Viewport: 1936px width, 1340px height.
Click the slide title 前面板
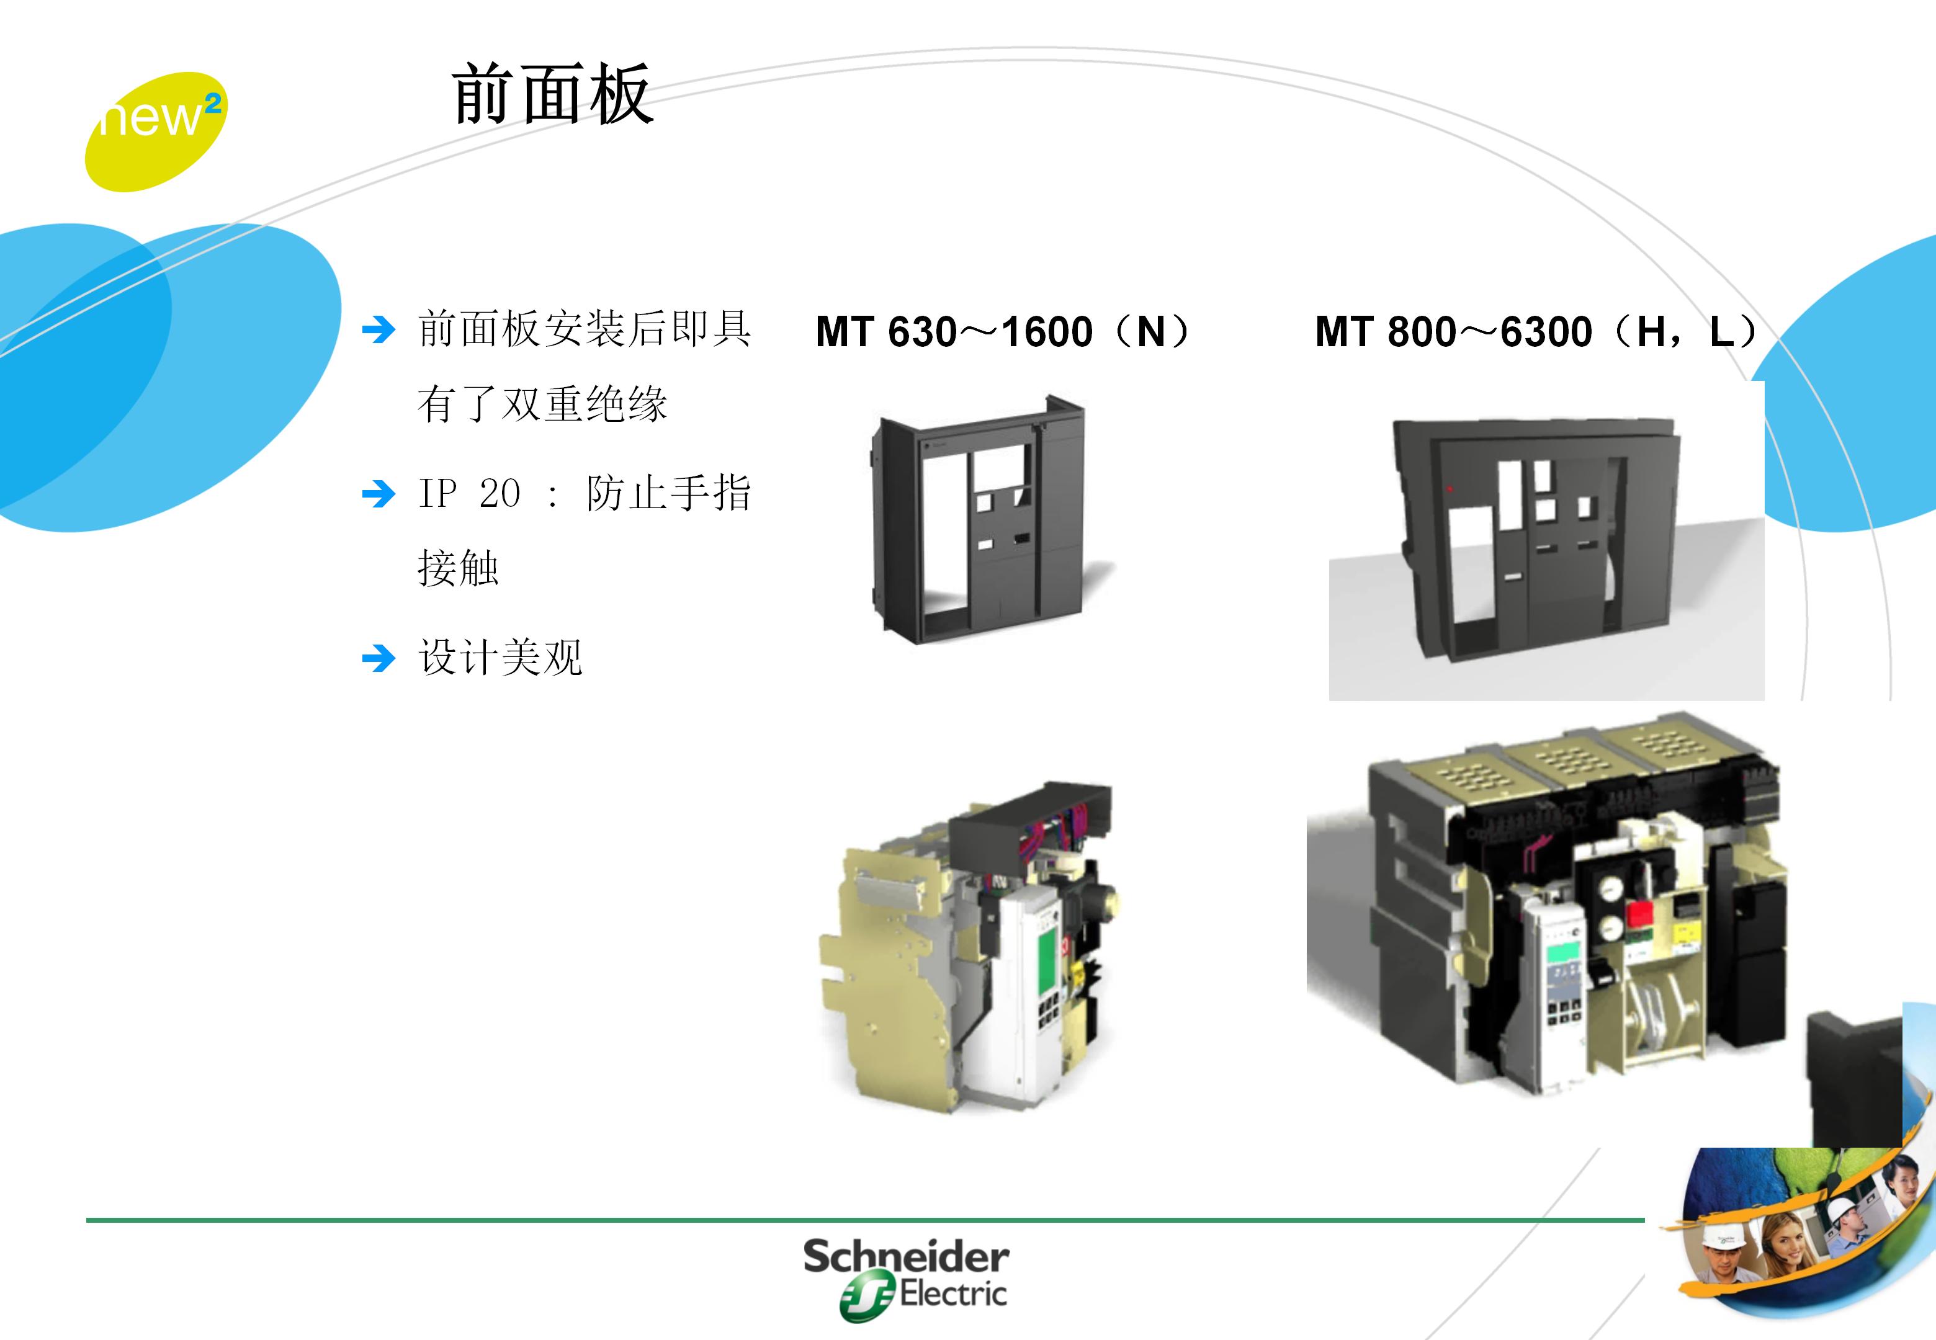pyautogui.click(x=552, y=94)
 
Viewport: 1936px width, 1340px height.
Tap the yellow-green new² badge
pyautogui.click(x=155, y=131)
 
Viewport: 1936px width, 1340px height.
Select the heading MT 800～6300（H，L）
pyautogui.click(x=1536, y=332)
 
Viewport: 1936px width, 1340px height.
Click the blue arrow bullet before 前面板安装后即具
pyautogui.click(x=378, y=330)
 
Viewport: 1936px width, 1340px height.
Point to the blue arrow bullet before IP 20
pyautogui.click(x=378, y=494)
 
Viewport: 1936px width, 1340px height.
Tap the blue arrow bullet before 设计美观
pyautogui.click(x=378, y=658)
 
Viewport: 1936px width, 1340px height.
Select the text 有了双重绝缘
pyautogui.click(x=542, y=404)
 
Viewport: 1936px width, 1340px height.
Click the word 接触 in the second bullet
pyautogui.click(x=459, y=568)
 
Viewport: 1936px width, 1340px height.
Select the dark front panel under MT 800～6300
pyautogui.click(x=1536, y=537)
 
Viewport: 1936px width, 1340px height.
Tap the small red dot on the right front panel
pyautogui.click(x=1450, y=488)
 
